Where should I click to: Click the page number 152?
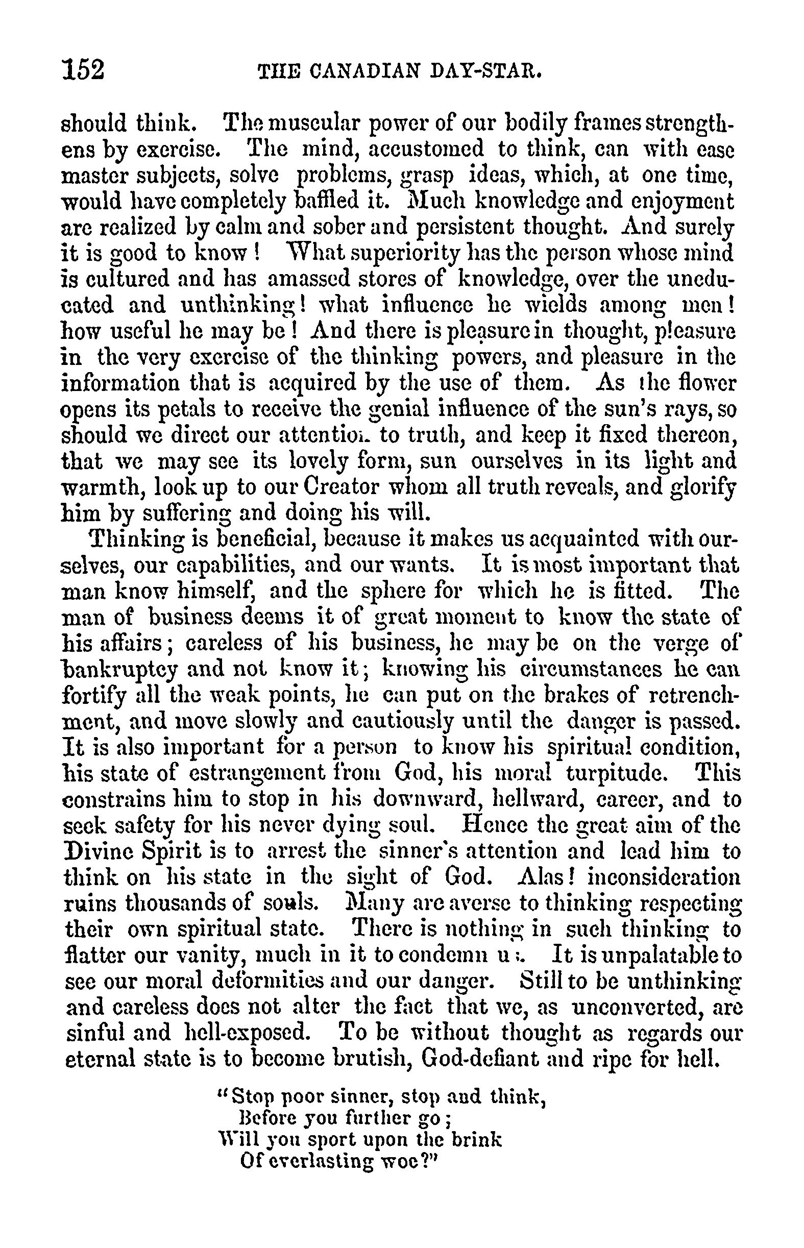(x=84, y=69)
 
